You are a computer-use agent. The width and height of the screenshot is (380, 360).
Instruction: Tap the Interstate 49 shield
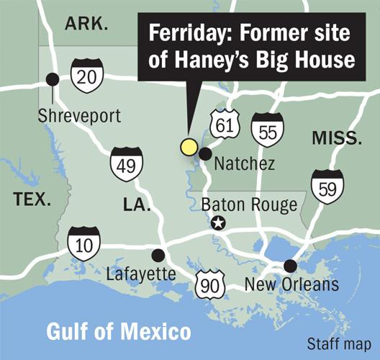[x=124, y=165]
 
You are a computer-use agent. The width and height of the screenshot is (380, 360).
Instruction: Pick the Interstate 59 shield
[x=327, y=186]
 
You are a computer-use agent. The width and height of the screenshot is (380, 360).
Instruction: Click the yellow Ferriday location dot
[x=189, y=147]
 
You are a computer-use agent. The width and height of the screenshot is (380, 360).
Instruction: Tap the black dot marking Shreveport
[x=52, y=79]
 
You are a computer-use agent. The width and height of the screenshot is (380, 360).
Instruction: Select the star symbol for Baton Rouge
[x=217, y=224]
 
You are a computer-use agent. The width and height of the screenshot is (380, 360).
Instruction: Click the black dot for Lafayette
[x=158, y=254]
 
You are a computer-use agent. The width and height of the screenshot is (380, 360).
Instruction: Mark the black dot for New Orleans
[x=289, y=265]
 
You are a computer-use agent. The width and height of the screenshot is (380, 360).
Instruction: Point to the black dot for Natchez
[x=205, y=153]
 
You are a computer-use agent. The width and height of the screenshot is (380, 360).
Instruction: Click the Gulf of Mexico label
[x=119, y=332]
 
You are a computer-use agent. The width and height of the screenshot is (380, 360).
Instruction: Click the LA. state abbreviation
[x=136, y=205]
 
